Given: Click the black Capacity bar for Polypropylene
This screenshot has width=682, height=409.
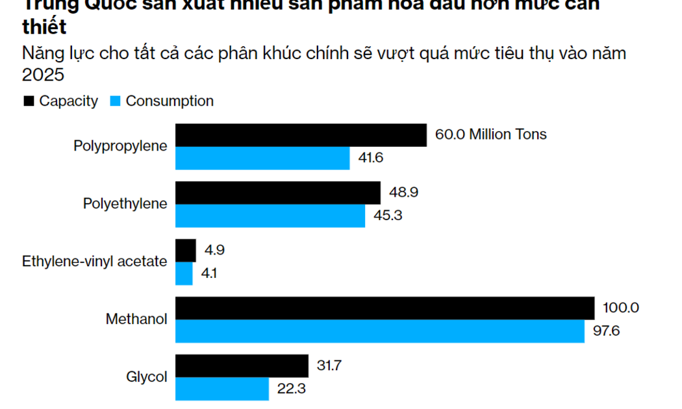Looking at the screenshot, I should pyautogui.click(x=301, y=135).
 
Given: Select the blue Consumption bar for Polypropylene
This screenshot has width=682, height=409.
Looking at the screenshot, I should pyautogui.click(x=262, y=158).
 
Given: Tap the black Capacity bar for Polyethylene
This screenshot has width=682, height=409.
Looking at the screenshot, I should pyautogui.click(x=278, y=193).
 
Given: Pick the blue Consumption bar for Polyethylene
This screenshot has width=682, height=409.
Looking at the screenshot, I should pyautogui.click(x=270, y=216).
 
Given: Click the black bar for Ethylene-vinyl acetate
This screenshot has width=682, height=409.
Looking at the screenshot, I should pyautogui.click(x=186, y=251).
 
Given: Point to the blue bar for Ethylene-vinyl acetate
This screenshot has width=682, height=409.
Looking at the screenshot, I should pyautogui.click(x=184, y=273).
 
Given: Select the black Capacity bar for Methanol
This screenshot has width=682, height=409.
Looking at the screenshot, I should pyautogui.click(x=385, y=308).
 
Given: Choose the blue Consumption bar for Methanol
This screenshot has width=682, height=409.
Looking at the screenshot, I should pyautogui.click(x=380, y=331).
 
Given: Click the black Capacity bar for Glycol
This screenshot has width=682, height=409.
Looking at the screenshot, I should pyautogui.click(x=242, y=366).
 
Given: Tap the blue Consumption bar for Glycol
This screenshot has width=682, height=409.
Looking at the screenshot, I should pyautogui.click(x=222, y=389).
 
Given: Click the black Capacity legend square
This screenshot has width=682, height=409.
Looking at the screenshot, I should pyautogui.click(x=29, y=101).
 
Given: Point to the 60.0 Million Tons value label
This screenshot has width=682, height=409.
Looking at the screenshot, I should pyautogui.click(x=491, y=134).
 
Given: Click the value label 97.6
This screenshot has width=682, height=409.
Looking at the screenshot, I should pyautogui.click(x=607, y=331).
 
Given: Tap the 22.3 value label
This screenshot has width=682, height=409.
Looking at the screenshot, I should pyautogui.click(x=292, y=389).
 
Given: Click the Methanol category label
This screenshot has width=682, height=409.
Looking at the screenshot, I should pyautogui.click(x=136, y=319).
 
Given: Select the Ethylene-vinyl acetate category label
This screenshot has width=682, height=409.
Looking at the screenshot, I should pyautogui.click(x=95, y=262).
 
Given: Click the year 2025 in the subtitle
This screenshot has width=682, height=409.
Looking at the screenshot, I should pyautogui.click(x=44, y=75).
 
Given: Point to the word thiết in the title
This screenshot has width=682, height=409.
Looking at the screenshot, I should pyautogui.click(x=44, y=29).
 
